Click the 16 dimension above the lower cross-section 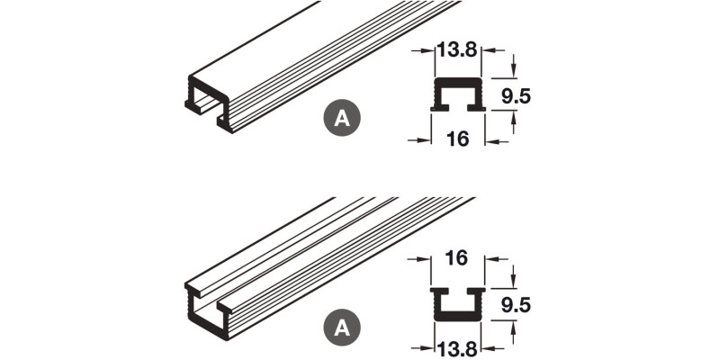pyautogui.click(x=455, y=259)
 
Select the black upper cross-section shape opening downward pyautogui.click(x=459, y=94)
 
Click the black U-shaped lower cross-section pyautogui.click(x=459, y=304)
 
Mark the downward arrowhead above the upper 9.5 pyautogui.click(x=513, y=72)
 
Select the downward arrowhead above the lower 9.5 pyautogui.click(x=513, y=282)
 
